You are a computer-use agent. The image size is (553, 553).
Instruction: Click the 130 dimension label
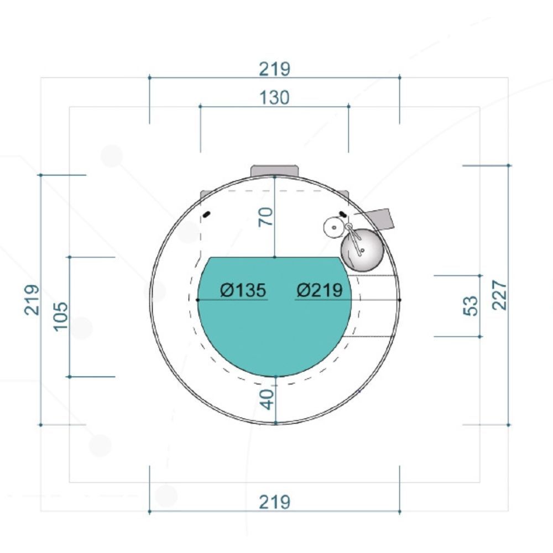(x=274, y=97)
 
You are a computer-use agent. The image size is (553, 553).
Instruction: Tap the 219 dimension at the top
(x=274, y=69)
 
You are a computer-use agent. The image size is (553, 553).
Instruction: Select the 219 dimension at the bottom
(x=274, y=502)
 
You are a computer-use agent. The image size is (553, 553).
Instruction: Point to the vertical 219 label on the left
(x=32, y=299)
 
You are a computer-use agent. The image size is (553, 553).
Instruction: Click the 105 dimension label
(x=61, y=316)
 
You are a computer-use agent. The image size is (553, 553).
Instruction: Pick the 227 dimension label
(x=499, y=295)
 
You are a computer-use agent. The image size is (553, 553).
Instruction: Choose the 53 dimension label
(x=471, y=305)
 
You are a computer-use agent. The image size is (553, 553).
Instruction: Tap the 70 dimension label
(x=265, y=217)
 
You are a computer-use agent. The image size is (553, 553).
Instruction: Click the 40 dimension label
(x=267, y=399)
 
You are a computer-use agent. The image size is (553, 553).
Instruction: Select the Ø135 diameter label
(x=243, y=290)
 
